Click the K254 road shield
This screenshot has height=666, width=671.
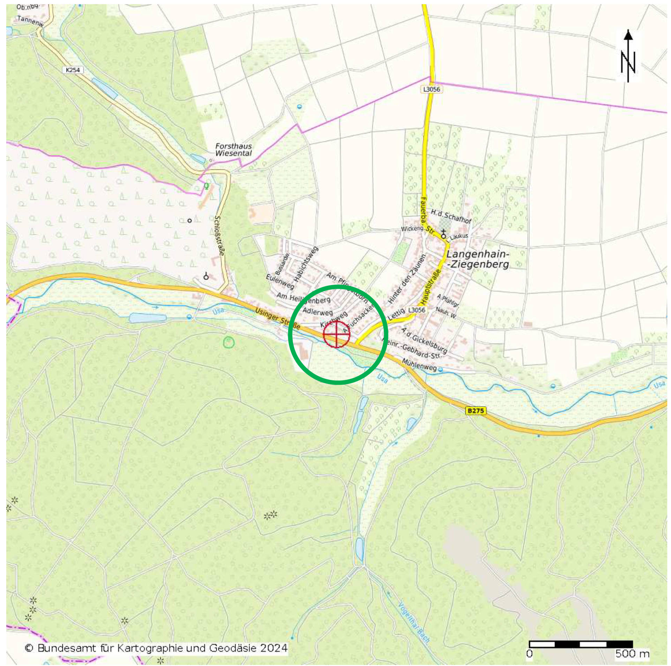[73, 70]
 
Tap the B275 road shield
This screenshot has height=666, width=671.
[476, 411]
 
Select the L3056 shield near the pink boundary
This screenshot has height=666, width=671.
[432, 89]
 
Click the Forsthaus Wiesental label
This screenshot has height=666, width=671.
[233, 150]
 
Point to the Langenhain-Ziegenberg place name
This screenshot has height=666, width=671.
[478, 259]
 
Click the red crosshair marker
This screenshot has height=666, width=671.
[336, 334]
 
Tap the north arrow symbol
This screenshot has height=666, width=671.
[628, 56]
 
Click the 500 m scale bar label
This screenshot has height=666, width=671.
[632, 653]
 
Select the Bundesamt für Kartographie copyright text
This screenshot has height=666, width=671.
[156, 648]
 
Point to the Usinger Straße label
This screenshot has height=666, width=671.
[277, 318]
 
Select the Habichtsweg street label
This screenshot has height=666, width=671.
[306, 264]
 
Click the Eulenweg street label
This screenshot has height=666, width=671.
[280, 282]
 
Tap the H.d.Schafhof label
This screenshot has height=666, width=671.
[451, 216]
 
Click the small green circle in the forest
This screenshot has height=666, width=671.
[229, 342]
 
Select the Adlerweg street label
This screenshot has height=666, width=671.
[318, 311]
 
